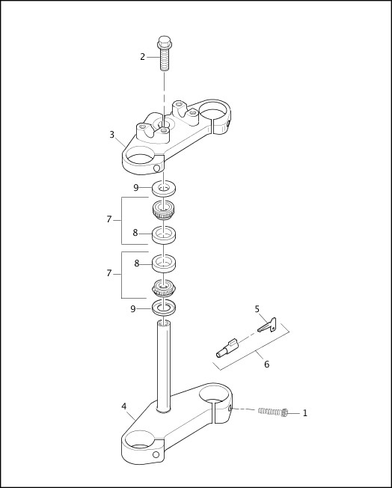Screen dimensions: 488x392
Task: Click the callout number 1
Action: click(x=304, y=413)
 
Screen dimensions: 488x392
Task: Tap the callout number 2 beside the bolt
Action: click(x=142, y=57)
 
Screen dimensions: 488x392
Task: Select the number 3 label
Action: click(x=111, y=135)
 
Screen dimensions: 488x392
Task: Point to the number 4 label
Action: click(x=123, y=406)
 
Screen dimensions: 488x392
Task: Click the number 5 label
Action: click(x=257, y=309)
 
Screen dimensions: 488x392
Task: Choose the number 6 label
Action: click(x=266, y=365)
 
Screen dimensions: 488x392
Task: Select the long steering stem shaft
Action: click(x=163, y=363)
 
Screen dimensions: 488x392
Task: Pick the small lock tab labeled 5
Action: click(x=268, y=325)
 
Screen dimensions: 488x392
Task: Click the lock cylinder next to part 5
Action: click(x=227, y=348)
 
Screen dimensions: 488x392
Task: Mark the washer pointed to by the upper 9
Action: click(x=164, y=187)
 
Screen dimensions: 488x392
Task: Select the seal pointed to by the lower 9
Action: click(x=164, y=308)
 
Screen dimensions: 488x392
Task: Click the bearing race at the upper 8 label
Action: click(x=164, y=234)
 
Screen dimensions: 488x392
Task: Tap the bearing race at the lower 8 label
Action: click(x=164, y=263)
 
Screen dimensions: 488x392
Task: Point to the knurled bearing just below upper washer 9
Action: click(x=164, y=210)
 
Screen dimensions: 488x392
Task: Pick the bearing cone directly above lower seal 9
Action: click(x=164, y=287)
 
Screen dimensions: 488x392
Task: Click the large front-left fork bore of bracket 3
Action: click(x=140, y=156)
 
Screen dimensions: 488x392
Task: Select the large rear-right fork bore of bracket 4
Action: click(x=214, y=394)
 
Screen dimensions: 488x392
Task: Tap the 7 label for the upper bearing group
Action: click(x=108, y=219)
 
